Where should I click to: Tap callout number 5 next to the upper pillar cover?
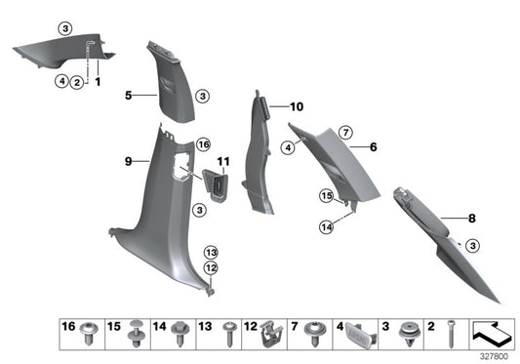pyautogui.click(x=128, y=96)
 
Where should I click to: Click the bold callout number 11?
pyautogui.click(x=222, y=160)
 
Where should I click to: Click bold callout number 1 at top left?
pyautogui.click(x=98, y=82)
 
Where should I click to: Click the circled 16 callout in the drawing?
pyautogui.click(x=203, y=144)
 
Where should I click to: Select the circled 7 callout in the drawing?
pyautogui.click(x=344, y=132)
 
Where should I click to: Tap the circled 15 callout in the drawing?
pyautogui.click(x=328, y=196)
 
